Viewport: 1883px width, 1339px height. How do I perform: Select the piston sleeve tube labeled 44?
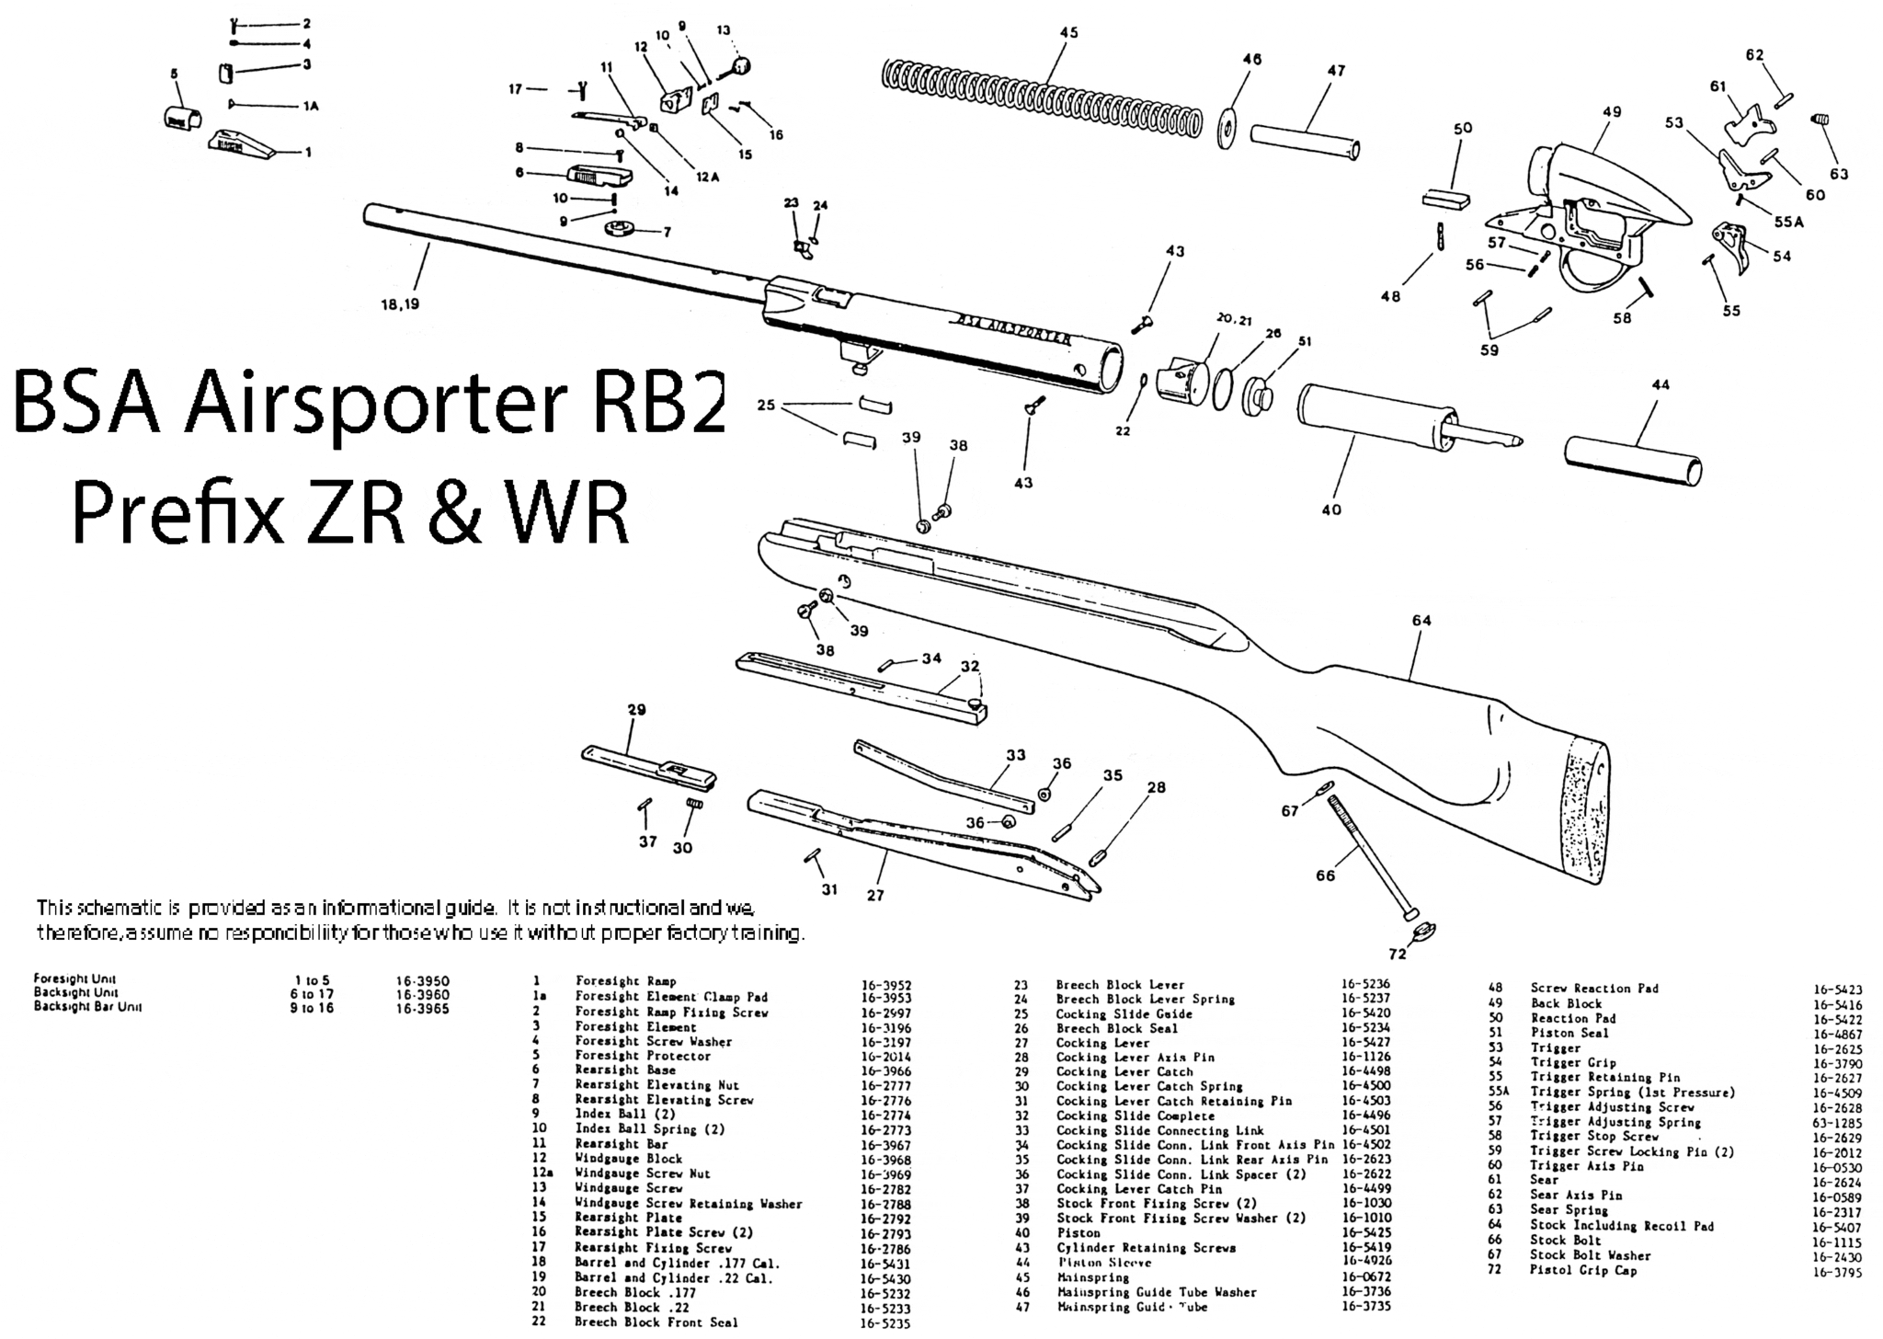(1631, 460)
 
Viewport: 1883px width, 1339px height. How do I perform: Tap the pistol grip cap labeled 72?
(1423, 931)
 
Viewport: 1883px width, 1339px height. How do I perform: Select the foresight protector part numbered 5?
(181, 118)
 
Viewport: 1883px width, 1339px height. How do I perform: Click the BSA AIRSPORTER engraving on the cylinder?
(1011, 329)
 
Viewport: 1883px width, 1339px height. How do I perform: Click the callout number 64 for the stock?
(1421, 621)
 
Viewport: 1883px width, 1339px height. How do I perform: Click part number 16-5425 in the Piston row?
(1365, 1232)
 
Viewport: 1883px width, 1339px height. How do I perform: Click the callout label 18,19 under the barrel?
(400, 303)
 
